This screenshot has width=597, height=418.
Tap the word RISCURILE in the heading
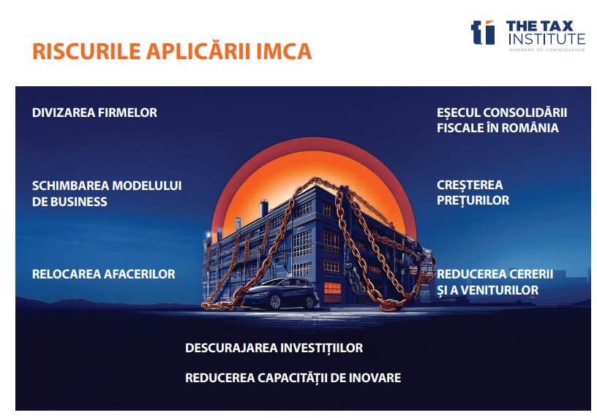pyautogui.click(x=87, y=51)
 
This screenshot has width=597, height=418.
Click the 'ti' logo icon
pyautogui.click(x=483, y=32)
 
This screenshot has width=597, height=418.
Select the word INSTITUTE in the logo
pyautogui.click(x=547, y=39)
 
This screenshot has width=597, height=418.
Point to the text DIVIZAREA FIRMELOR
pyautogui.click(x=94, y=113)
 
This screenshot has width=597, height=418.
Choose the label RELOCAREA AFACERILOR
pyautogui.click(x=104, y=274)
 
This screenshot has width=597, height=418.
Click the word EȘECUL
pyautogui.click(x=458, y=113)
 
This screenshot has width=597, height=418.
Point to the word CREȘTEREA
pyautogui.click(x=470, y=185)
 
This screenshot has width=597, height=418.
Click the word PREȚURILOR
pyautogui.click(x=473, y=200)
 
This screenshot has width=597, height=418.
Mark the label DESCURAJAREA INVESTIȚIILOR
pyautogui.click(x=274, y=348)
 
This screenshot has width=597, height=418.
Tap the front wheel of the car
pyautogui.click(x=275, y=302)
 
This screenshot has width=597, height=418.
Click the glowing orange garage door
pyautogui.click(x=332, y=292)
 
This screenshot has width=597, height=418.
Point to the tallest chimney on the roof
pyautogui.click(x=264, y=208)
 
